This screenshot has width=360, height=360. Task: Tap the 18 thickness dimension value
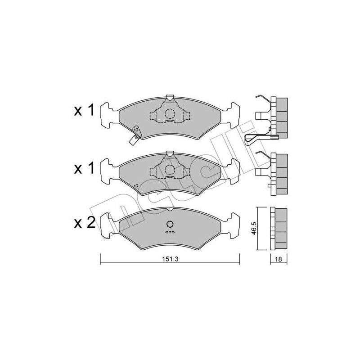pos(279,260)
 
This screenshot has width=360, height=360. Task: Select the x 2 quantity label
pos(85,223)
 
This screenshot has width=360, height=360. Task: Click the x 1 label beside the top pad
pos(85,111)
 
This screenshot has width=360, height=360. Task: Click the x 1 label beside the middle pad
pos(85,168)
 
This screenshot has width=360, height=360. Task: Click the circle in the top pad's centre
pos(170,114)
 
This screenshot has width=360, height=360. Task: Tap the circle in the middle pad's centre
pos(170,170)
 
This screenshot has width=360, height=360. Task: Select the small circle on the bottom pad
pos(170,225)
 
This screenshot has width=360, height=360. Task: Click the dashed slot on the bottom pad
pos(170,233)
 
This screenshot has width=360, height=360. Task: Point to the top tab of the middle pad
pos(170,154)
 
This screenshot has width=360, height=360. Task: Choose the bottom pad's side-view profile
pos(279,228)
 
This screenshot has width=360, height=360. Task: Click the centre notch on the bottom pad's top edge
pos(170,209)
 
